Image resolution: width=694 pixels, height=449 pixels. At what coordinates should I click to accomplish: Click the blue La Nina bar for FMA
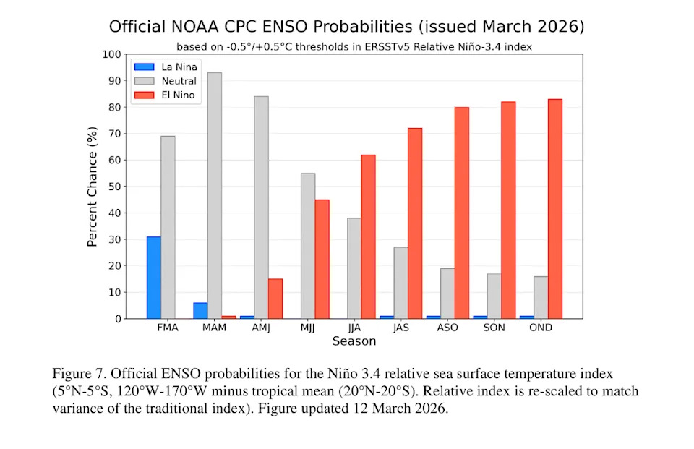point(153,278)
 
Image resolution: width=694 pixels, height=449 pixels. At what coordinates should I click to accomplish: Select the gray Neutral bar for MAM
point(214,195)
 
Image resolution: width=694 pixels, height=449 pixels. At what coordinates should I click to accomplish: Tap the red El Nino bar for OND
point(554,209)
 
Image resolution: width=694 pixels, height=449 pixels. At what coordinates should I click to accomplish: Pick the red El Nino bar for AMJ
point(275,299)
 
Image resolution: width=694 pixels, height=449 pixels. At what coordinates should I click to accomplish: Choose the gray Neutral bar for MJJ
point(307,246)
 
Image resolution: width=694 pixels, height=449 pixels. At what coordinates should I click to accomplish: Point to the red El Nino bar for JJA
point(368,236)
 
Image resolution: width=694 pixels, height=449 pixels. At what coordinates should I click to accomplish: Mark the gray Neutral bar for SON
point(494,296)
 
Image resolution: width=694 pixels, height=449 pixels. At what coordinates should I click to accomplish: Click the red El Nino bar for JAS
point(415,223)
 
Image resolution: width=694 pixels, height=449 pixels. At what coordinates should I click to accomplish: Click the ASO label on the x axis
point(447,328)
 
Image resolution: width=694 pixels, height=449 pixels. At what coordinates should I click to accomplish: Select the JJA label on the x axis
point(354,328)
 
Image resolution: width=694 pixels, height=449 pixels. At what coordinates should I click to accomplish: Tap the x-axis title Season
point(354,341)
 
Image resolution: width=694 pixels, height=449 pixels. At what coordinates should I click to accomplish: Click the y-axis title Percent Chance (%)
point(93,187)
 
